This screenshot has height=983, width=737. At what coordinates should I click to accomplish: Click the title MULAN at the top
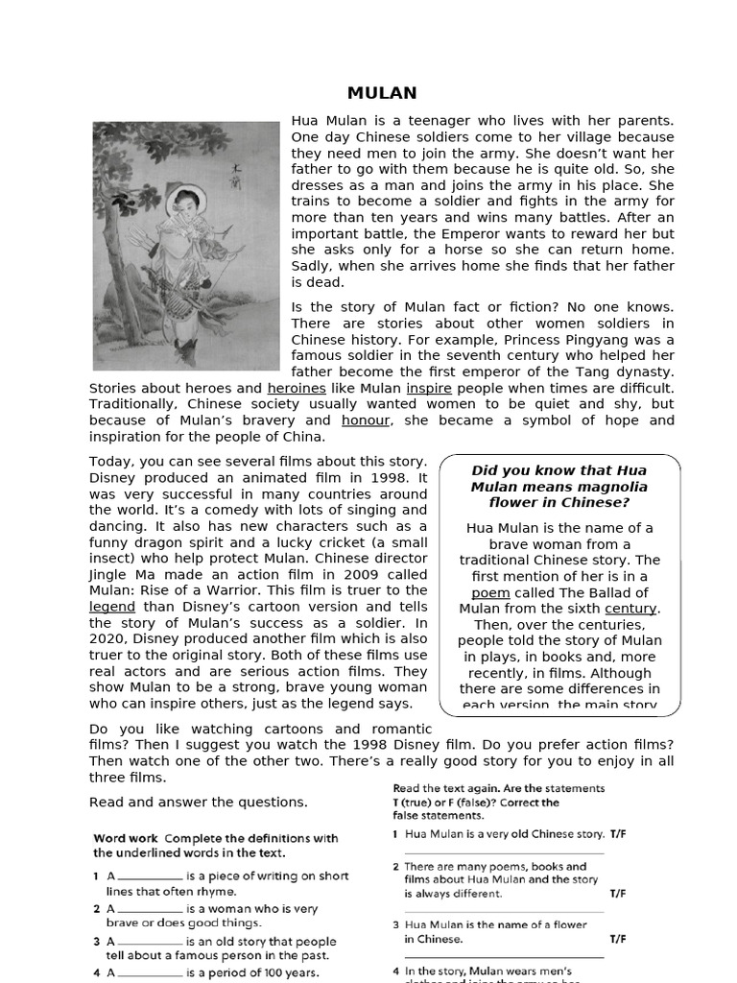(382, 93)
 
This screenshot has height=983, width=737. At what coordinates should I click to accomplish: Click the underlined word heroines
(297, 388)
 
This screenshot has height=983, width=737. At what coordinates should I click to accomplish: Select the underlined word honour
(366, 420)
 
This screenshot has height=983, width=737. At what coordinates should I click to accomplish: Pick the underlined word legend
(112, 607)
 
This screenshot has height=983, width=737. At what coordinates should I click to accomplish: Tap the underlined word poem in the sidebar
(489, 592)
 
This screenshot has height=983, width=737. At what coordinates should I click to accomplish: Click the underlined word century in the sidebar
(630, 609)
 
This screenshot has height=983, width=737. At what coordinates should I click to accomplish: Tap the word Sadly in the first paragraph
(314, 266)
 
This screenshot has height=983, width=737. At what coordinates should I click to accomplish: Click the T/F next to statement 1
(618, 834)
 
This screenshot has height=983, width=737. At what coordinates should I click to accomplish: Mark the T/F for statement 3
(618, 939)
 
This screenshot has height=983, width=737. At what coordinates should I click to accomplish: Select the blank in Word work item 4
(151, 973)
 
